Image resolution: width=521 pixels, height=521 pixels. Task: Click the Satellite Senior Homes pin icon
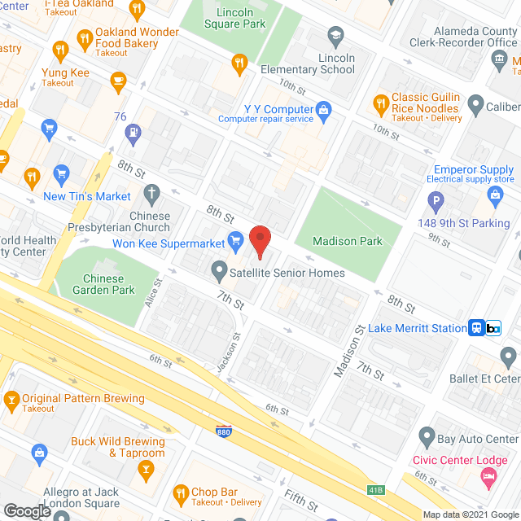[x=219, y=269]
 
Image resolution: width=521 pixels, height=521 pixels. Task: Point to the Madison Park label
[x=348, y=242]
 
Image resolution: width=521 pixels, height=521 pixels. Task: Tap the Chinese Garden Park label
[x=103, y=283]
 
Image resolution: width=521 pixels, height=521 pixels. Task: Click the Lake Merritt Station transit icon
[x=477, y=328]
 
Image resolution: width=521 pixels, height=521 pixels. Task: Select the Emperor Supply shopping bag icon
[x=495, y=194]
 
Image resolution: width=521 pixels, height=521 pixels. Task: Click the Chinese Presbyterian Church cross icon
[x=151, y=194]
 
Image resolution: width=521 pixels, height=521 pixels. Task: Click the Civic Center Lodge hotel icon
[x=488, y=481]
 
